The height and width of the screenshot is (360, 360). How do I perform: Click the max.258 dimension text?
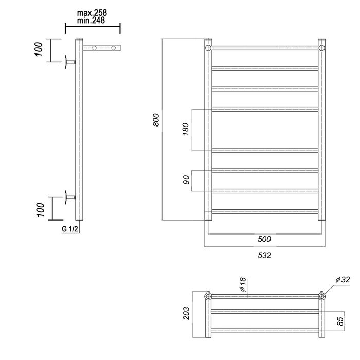[x=92, y=13]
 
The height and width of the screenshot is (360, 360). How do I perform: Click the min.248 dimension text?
[x=91, y=21]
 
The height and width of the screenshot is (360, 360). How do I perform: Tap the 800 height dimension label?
[x=156, y=120]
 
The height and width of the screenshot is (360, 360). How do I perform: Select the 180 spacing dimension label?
[x=185, y=129]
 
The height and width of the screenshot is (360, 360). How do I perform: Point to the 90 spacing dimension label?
[x=186, y=179]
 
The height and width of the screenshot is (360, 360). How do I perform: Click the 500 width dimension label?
[x=264, y=239]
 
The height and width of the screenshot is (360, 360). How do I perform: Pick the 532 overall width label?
[x=264, y=255]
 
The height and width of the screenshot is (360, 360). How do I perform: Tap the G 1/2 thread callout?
[x=70, y=229]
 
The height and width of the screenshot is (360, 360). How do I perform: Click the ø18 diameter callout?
[x=243, y=285]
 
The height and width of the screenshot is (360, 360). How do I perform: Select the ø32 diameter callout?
[x=343, y=280]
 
